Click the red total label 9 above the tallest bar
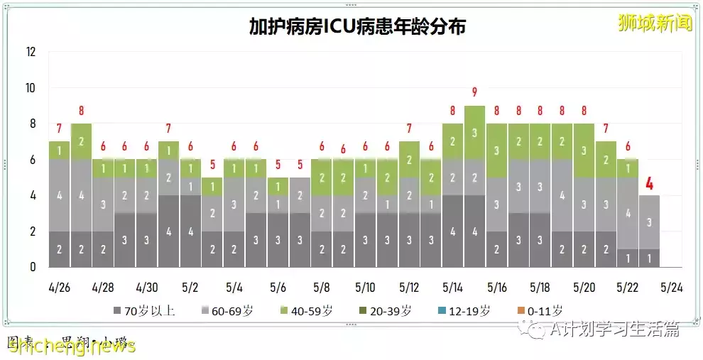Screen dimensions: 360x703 click(474, 92)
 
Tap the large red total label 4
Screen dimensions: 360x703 click(649, 184)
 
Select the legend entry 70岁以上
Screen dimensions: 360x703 click(145, 310)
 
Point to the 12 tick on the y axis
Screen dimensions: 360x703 click(31, 52)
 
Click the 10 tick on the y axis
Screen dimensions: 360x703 click(31, 88)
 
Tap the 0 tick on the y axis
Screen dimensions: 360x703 click(33, 268)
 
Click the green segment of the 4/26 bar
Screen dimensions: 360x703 click(59, 151)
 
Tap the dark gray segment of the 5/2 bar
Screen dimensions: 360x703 click(190, 231)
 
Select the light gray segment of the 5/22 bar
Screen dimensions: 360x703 click(627, 213)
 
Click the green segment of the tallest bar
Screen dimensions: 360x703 click(474, 132)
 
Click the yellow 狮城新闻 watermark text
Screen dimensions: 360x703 click(654, 23)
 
